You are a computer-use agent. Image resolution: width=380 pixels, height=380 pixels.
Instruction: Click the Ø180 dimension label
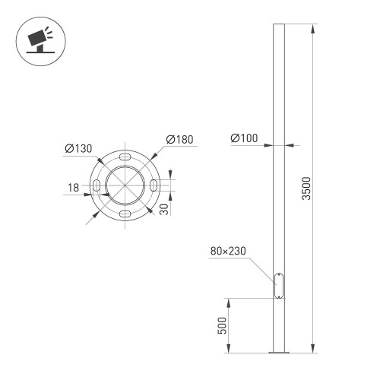(179, 140)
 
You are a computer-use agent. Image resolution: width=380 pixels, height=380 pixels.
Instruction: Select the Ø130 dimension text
(78, 148)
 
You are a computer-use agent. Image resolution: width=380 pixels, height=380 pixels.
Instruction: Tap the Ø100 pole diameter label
(244, 138)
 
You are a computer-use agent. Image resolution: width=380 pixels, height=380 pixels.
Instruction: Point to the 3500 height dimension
(306, 188)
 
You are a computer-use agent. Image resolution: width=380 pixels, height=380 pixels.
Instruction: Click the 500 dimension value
(222, 325)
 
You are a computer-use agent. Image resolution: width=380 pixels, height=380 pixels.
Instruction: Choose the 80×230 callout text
(228, 251)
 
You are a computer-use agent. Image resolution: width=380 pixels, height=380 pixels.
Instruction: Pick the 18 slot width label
(73, 188)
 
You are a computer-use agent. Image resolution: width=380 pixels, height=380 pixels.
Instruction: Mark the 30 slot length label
(164, 210)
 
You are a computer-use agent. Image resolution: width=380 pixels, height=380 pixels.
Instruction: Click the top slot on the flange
(125, 157)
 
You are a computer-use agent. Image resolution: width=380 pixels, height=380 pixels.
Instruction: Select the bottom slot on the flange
(125, 214)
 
